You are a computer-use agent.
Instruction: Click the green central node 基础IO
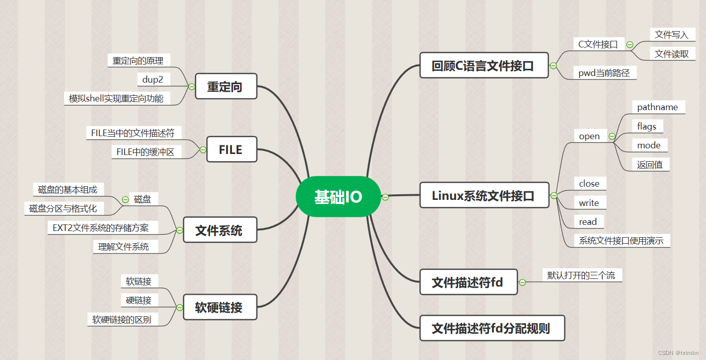click(x=338, y=197)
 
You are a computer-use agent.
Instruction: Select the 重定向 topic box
click(x=226, y=87)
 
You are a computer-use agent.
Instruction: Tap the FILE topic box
click(x=231, y=150)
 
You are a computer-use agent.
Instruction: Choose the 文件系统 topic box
click(x=219, y=230)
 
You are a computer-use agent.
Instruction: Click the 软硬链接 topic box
click(x=219, y=307)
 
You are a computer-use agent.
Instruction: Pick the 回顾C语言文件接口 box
click(x=484, y=65)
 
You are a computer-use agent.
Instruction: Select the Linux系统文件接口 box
click(x=484, y=195)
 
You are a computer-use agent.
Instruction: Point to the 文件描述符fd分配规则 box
click(x=491, y=328)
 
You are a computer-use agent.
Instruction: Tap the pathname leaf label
click(x=658, y=107)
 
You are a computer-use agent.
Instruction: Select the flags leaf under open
click(x=647, y=126)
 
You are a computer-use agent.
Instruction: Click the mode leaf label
click(x=649, y=145)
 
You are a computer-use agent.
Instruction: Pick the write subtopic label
click(x=589, y=203)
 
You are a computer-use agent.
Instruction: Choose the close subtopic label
click(x=589, y=184)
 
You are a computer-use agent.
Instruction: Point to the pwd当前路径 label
click(x=604, y=73)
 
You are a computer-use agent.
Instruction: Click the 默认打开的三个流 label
click(x=581, y=275)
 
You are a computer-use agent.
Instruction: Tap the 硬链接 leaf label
click(x=139, y=300)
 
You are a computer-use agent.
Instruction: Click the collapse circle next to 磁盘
click(x=125, y=199)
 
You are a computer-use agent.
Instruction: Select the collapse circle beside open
click(x=612, y=137)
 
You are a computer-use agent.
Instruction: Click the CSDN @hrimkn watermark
click(x=678, y=353)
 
